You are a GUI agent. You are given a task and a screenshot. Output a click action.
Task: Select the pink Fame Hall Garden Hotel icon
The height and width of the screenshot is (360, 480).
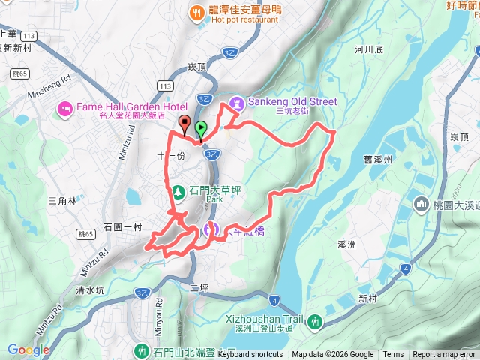(65, 110)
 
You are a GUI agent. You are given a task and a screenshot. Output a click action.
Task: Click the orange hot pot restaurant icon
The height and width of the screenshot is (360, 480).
(196, 12)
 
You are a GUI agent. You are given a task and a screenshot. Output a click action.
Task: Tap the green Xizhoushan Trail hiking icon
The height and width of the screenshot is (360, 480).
(316, 322)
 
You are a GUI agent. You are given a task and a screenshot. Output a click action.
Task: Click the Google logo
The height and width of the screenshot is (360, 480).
(28, 349)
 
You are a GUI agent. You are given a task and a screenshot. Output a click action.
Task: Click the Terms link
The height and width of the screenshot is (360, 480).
(393, 355)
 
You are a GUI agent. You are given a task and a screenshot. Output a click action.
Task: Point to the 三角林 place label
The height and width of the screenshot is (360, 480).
(62, 201)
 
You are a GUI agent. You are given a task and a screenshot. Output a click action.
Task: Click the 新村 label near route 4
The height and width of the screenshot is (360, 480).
(367, 298)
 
